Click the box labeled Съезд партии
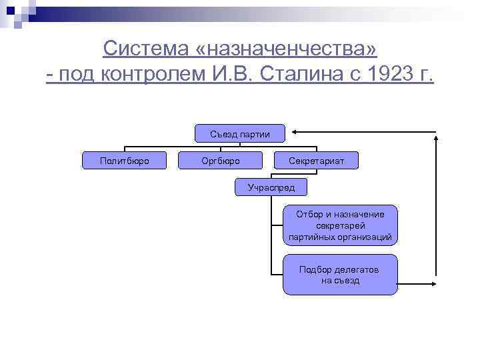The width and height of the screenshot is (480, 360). pyautogui.click(x=240, y=134)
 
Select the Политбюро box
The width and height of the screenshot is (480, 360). pyautogui.click(x=124, y=161)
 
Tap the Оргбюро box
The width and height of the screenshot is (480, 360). pyautogui.click(x=221, y=161)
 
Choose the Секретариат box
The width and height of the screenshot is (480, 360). pyautogui.click(x=317, y=161)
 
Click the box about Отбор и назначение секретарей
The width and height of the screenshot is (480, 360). pyautogui.click(x=340, y=226)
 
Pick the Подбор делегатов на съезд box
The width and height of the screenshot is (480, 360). pyautogui.click(x=340, y=275)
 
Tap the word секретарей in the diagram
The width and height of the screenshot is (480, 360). pyautogui.click(x=340, y=226)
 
